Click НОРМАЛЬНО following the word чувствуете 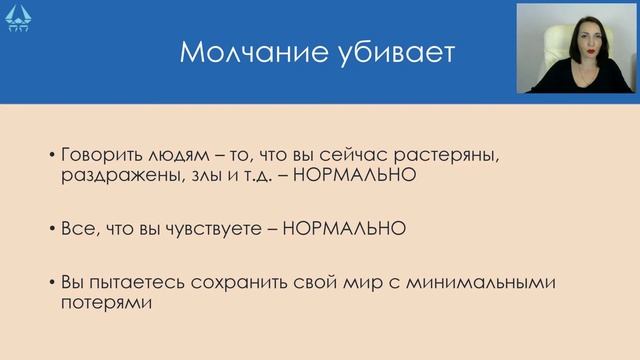pos(344,228)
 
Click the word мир pos(380,283)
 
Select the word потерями pos(106,302)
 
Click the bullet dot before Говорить pos(53,157)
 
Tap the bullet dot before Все pos(53,229)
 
